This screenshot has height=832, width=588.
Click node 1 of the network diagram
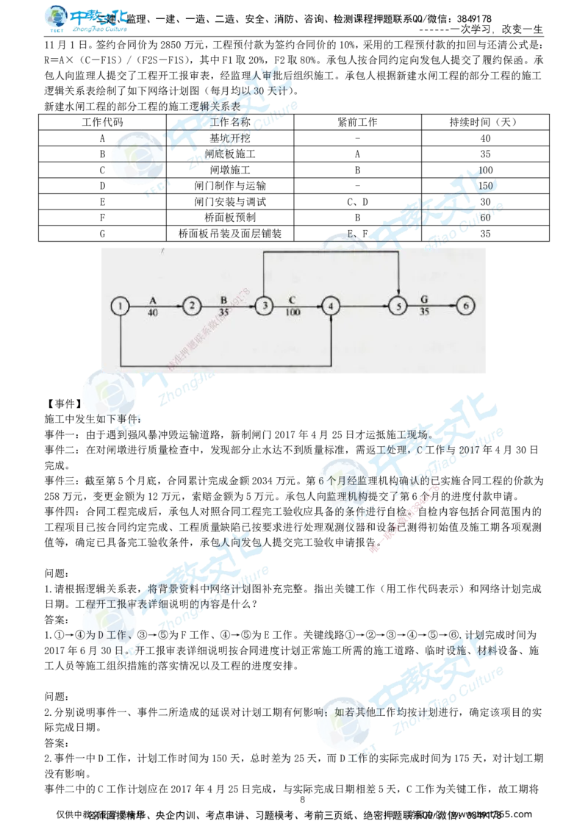(120, 306)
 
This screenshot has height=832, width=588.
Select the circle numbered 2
(192, 306)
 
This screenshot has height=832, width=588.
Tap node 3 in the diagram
(264, 306)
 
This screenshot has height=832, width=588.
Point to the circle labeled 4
(332, 306)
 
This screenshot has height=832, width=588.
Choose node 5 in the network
(398, 306)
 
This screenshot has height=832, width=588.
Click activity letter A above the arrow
(153, 300)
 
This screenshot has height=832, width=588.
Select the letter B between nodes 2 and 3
(225, 300)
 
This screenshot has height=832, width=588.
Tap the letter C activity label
(292, 300)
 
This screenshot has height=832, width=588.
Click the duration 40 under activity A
(153, 312)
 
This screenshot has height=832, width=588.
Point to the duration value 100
(293, 312)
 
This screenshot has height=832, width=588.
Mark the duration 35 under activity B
(225, 312)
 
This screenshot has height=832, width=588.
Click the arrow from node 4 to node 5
(365, 306)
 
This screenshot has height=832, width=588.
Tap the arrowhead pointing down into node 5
(398, 293)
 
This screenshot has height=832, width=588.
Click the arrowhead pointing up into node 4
(332, 320)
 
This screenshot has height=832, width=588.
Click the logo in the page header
(85, 19)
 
